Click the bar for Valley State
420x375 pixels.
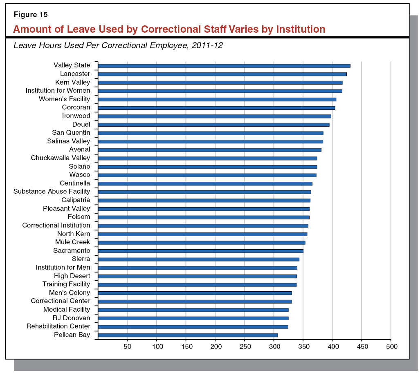point(224,65)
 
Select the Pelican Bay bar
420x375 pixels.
point(188,335)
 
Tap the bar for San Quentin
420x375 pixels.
point(211,133)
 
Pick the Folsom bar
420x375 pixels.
point(204,217)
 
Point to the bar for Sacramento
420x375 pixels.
point(201,251)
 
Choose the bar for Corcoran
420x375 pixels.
point(216,107)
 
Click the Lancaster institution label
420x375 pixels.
point(75,74)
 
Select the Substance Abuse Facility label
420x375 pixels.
point(52,192)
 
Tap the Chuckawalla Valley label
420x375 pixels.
point(61,158)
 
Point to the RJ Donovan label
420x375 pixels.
point(71,318)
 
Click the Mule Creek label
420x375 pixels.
point(72,242)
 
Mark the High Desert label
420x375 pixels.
point(72,276)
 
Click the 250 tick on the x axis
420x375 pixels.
point(245,347)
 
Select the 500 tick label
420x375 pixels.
point(391,347)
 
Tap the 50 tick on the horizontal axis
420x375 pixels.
point(128,347)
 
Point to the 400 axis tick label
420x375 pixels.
point(332,347)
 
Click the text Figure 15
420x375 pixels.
point(31,15)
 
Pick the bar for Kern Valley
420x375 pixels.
point(220,82)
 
